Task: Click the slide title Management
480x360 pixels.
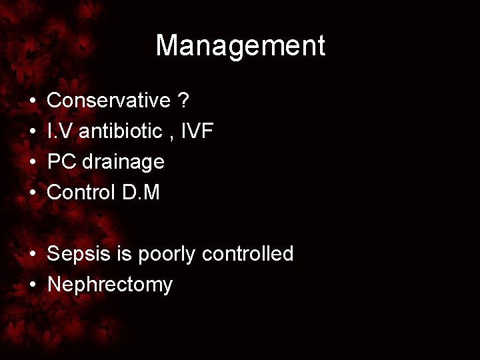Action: [240, 45]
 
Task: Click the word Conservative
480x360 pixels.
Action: [109, 101]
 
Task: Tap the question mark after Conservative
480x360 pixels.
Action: [183, 101]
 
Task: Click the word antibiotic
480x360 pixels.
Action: [120, 131]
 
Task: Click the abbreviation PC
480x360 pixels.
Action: [61, 162]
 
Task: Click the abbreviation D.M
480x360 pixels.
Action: [141, 193]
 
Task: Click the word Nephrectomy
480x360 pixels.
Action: [110, 285]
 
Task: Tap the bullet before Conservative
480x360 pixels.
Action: [33, 101]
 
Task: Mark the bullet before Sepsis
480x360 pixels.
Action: [33, 255]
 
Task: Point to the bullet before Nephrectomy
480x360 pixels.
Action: [33, 285]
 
